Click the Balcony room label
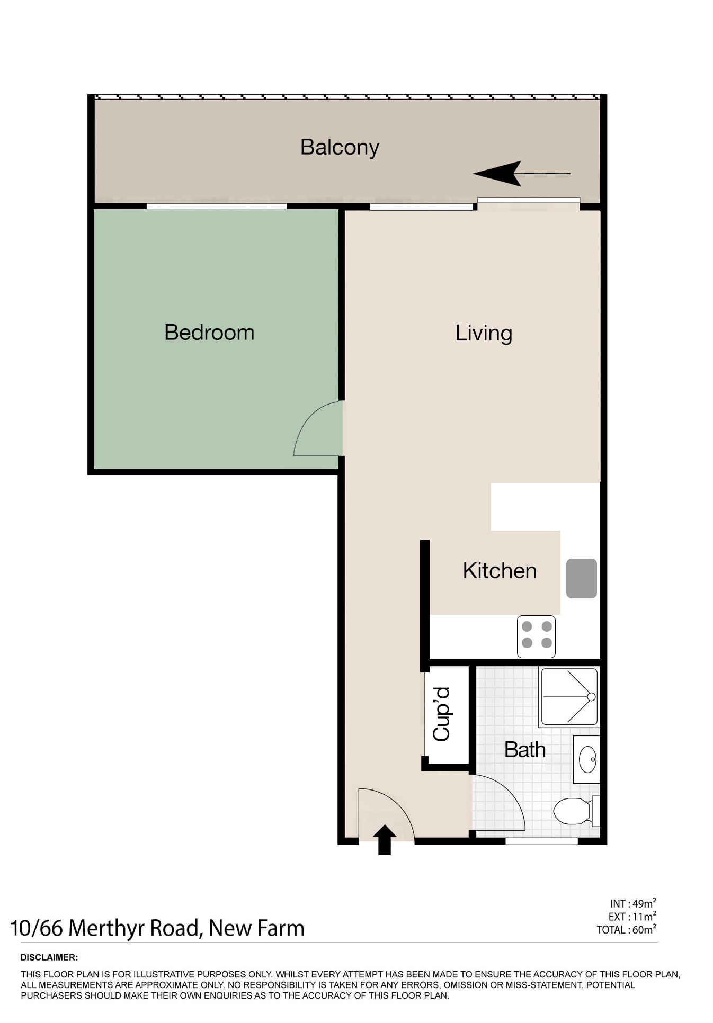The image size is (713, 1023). click(x=340, y=148)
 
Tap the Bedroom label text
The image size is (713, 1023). click(x=209, y=333)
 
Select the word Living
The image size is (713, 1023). click(x=484, y=334)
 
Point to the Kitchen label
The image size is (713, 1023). click(x=500, y=571)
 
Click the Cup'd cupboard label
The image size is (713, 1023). click(x=441, y=714)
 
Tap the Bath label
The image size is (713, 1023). click(x=524, y=750)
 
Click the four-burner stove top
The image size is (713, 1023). click(x=536, y=636)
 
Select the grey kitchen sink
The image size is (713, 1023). click(x=582, y=579)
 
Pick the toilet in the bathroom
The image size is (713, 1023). click(x=576, y=811)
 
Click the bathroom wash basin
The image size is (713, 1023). click(x=587, y=759)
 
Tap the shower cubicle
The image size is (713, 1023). click(x=569, y=697)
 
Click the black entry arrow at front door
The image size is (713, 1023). click(x=384, y=840)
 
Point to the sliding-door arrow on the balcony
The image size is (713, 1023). click(x=522, y=174)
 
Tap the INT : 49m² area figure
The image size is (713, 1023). click(x=633, y=903)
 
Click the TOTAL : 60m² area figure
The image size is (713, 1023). click(x=627, y=929)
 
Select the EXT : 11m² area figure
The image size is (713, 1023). click(x=632, y=917)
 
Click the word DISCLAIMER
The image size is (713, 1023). click(x=49, y=957)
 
